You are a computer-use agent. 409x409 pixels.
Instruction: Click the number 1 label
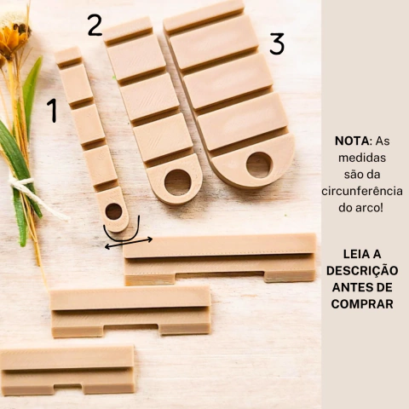(52, 110)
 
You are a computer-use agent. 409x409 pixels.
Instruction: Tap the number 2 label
(94, 25)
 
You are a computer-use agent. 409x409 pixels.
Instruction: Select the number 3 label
(276, 43)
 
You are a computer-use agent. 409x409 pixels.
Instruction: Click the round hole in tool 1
(113, 211)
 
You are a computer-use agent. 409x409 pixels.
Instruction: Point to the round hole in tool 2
(178, 181)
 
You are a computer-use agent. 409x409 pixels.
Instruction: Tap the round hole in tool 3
(258, 164)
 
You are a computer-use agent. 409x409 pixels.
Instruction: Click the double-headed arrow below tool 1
(128, 242)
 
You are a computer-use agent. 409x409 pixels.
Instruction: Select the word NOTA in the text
(352, 141)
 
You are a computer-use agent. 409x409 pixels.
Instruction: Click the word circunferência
(364, 190)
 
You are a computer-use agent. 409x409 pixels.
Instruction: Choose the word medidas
(364, 158)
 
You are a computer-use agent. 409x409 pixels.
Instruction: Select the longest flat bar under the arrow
(220, 257)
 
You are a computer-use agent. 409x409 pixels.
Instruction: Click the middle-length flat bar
(130, 309)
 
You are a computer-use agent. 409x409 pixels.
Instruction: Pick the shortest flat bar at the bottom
(67, 368)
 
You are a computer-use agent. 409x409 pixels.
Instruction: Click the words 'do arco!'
(364, 206)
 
